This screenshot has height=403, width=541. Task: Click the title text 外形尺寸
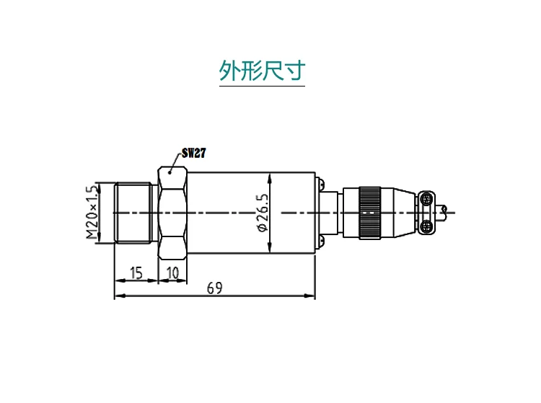coord(263,71)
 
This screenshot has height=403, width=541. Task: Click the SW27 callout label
coord(194,153)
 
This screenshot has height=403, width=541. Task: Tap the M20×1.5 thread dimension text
coord(92,213)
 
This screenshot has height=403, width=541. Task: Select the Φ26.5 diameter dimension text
coord(263,213)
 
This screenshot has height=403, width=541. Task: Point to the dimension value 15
coord(136,273)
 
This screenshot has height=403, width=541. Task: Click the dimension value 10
coord(172,273)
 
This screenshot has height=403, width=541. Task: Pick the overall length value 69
coord(215,288)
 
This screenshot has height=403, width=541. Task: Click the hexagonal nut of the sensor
coord(172,213)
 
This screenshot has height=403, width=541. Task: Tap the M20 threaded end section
coord(133,213)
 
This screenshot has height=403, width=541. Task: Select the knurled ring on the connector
coord(369,213)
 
